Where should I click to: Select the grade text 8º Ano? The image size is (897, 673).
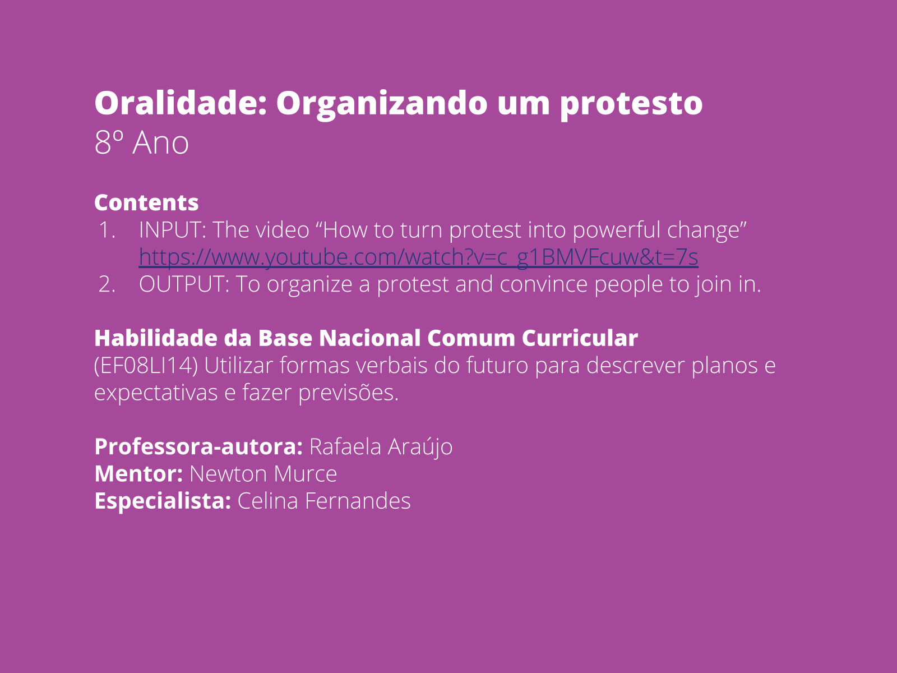[x=141, y=143]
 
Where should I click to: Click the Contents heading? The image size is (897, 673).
[x=146, y=202]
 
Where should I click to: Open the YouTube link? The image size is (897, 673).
[x=418, y=257]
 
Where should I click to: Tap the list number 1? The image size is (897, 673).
[x=106, y=230]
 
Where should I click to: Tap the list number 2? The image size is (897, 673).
[x=107, y=284]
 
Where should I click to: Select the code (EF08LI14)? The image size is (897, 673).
[x=146, y=366]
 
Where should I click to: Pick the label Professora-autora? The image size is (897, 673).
[x=198, y=447]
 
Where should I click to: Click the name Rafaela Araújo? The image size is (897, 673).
[x=381, y=447]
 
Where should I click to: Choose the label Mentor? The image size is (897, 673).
[x=138, y=474]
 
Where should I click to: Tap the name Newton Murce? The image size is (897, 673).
[x=263, y=474]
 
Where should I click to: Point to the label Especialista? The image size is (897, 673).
[x=163, y=501]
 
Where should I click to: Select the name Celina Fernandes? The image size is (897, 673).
[x=323, y=501]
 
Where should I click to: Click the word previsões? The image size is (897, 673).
[x=348, y=393]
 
